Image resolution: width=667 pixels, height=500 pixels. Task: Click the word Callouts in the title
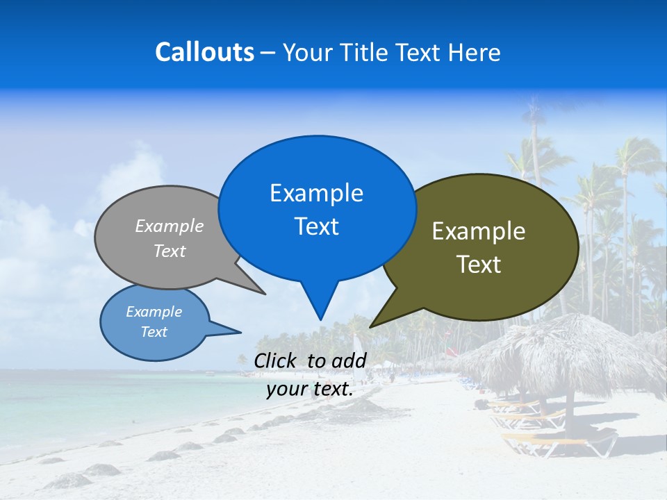point(204,52)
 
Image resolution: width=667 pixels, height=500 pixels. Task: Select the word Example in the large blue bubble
point(316,193)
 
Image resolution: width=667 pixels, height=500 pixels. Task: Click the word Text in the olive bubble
point(479,265)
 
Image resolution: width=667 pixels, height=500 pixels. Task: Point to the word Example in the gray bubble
point(170,226)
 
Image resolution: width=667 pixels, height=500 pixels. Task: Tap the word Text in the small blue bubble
point(154,332)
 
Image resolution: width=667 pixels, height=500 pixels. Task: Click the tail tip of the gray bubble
point(264,293)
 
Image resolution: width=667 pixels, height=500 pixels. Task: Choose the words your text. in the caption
point(310,390)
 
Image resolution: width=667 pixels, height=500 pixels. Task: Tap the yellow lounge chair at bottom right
point(563,442)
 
